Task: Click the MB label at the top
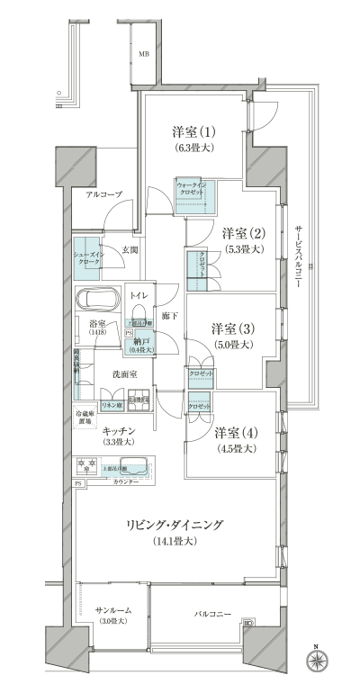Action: click(x=143, y=54)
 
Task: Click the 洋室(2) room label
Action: click(x=244, y=234)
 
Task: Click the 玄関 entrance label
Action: click(x=130, y=249)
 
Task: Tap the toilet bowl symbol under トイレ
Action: click(x=139, y=319)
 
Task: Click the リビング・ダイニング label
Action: click(x=175, y=525)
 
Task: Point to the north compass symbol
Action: click(x=316, y=661)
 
